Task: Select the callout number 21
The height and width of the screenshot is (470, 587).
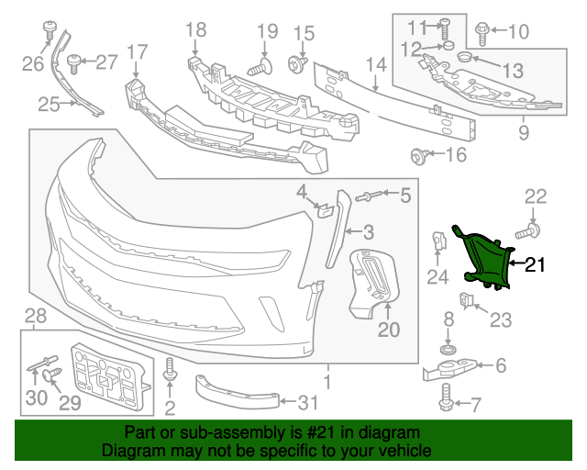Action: click(535, 265)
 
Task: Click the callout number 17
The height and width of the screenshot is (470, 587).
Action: click(137, 51)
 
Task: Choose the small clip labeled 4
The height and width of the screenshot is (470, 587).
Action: click(324, 209)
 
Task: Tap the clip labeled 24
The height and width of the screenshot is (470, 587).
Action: click(438, 245)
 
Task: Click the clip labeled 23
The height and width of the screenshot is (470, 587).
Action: click(467, 300)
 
